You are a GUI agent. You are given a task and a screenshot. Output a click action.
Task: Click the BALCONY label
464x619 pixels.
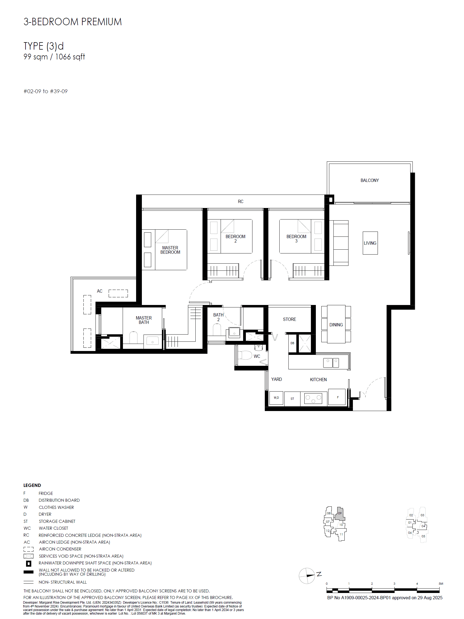pyautogui.click(x=369, y=181)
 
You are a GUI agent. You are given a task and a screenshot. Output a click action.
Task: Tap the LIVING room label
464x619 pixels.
pyautogui.click(x=370, y=243)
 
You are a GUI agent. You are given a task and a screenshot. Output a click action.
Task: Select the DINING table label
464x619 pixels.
pyautogui.click(x=336, y=325)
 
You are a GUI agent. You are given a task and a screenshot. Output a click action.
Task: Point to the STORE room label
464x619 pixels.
pyautogui.click(x=289, y=319)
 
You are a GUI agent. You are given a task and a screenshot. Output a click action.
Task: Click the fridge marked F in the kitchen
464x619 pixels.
pyautogui.click(x=336, y=397)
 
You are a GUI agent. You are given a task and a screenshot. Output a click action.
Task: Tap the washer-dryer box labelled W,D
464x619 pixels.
pyautogui.click(x=276, y=398)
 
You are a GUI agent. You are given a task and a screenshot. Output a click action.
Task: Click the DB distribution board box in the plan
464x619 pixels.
pyautogui.click(x=292, y=343)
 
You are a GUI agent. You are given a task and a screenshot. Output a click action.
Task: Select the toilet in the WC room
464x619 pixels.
pyautogui.click(x=245, y=355)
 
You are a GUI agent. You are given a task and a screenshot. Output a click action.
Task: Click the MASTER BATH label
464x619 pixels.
pyautogui.click(x=144, y=320)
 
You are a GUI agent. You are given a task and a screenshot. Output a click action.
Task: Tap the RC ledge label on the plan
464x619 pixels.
pyautogui.click(x=240, y=201)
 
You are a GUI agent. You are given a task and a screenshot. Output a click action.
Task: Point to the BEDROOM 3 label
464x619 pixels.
pyautogui.click(x=296, y=239)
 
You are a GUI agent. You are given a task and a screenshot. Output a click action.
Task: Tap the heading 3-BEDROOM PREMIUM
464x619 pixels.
pyautogui.click(x=72, y=22)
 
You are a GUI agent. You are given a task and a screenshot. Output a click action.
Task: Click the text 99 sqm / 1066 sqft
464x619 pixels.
pyautogui.click(x=54, y=57)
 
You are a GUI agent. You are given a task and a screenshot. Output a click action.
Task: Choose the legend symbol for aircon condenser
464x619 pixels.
pyautogui.click(x=28, y=549)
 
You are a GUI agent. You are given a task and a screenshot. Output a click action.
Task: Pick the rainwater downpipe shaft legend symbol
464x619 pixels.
pyautogui.click(x=29, y=563)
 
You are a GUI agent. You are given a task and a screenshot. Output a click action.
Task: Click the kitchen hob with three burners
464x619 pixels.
pyautogui.click(x=313, y=398)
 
